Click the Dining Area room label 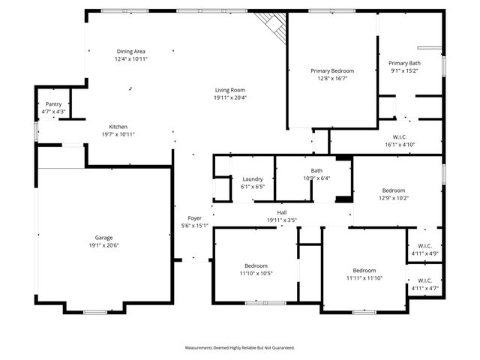(x=130, y=51)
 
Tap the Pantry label (x=53, y=104)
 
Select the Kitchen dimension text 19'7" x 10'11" (x=118, y=134)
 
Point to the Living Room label (x=229, y=89)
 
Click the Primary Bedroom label (x=332, y=70)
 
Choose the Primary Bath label (x=404, y=64)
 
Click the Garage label (x=103, y=238)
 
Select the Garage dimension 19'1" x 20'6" (x=103, y=245)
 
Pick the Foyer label (x=195, y=218)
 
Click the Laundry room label (x=253, y=178)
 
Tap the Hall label (x=282, y=213)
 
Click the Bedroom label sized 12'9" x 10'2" (x=394, y=190)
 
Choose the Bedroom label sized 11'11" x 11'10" (x=364, y=270)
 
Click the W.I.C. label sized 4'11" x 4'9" (x=425, y=245)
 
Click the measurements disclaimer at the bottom (x=240, y=348)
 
